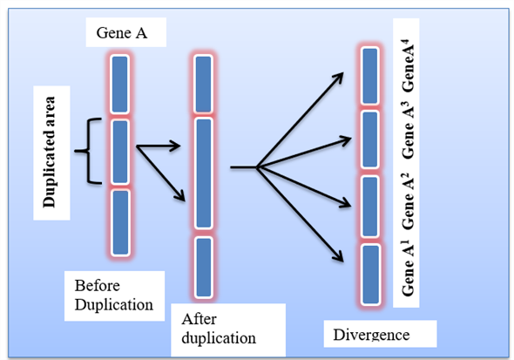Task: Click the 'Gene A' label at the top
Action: pos(122,36)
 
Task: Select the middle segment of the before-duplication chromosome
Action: pos(119,151)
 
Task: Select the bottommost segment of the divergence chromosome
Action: pos(369,274)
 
